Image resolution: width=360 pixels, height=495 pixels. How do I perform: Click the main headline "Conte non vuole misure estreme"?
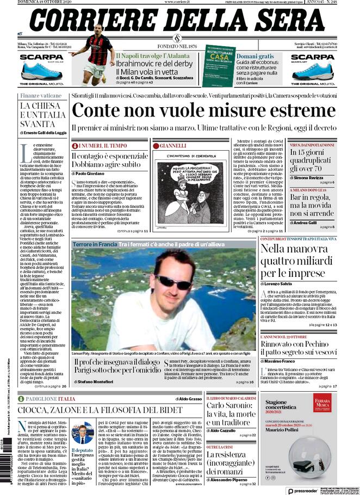coord(204,111)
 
